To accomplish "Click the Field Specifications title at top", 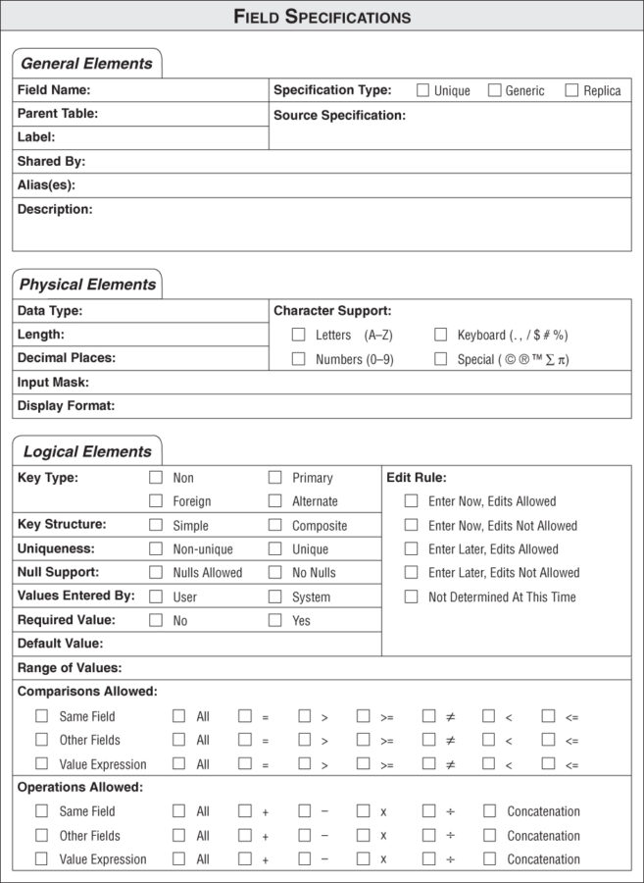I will [x=322, y=17].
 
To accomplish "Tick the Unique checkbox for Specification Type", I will [x=422, y=90].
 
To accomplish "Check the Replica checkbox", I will [x=571, y=90].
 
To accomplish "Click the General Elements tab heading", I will [x=86, y=64].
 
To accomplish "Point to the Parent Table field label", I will [x=58, y=114].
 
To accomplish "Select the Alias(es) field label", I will [x=46, y=184].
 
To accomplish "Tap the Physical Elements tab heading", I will [x=87, y=285].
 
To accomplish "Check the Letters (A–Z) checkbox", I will [x=298, y=335].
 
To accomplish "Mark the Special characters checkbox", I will [x=440, y=359].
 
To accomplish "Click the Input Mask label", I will [x=53, y=383].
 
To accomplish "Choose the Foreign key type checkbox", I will [x=156, y=500].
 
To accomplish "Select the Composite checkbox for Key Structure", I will [x=275, y=525].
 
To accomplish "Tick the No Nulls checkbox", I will [x=275, y=572].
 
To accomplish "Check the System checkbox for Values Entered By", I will [x=275, y=596].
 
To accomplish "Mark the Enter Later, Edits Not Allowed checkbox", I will [x=411, y=572].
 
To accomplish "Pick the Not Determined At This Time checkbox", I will [x=411, y=596].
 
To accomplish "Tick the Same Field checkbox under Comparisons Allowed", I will [x=41, y=716].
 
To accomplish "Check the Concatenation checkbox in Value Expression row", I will [x=489, y=858].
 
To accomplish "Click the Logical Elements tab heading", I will [x=87, y=452].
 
